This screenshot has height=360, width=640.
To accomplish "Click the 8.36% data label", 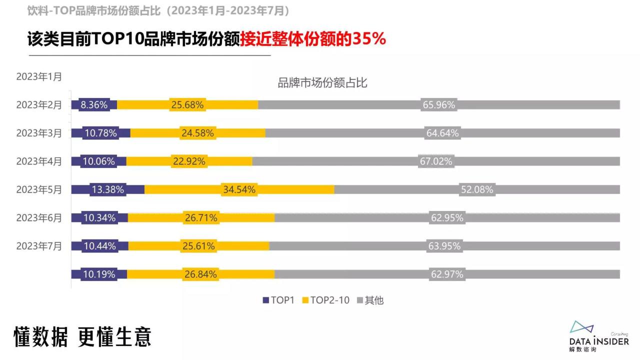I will (x=94, y=105).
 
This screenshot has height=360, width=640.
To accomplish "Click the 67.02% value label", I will (x=435, y=161).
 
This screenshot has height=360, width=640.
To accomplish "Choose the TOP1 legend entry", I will (x=279, y=300).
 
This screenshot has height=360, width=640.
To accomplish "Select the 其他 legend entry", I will (x=370, y=300).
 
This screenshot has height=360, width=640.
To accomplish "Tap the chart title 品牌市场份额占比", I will (x=322, y=83).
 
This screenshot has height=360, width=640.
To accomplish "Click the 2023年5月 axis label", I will (x=39, y=189).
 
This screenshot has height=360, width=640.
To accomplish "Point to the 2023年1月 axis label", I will (x=39, y=77).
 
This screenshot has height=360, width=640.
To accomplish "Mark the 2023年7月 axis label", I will (x=39, y=246).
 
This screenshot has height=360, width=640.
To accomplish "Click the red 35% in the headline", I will (x=369, y=39).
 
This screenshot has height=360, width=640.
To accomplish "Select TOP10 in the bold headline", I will (x=117, y=39).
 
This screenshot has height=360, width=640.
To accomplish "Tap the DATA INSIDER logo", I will (x=598, y=335).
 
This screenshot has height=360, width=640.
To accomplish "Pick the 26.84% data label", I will (x=200, y=274).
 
